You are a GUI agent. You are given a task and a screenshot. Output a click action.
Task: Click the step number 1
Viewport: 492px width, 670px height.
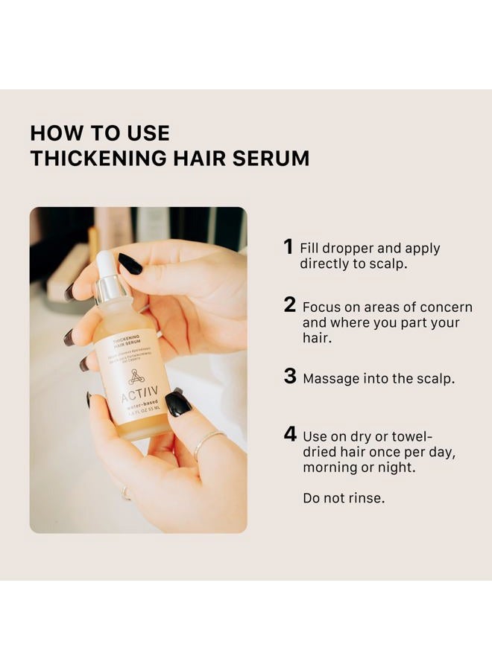pos(288,247)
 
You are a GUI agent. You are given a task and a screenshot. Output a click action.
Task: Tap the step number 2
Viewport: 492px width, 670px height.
pos(290,305)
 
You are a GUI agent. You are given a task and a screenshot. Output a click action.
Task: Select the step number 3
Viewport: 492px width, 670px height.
pos(290,377)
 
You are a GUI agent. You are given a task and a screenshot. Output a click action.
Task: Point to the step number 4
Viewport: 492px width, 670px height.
pos(290,434)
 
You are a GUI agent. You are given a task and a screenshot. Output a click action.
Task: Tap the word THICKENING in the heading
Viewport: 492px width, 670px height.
pos(94,159)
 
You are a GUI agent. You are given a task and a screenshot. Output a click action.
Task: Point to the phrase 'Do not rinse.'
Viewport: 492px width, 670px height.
pos(344,498)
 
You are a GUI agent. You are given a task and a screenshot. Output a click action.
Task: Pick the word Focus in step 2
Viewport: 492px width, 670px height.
pos(321,307)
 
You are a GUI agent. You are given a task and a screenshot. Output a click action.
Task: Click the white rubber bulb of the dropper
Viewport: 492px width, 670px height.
pos(105,264)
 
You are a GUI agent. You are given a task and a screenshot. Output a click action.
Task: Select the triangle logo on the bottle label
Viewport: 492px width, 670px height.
pos(135,376)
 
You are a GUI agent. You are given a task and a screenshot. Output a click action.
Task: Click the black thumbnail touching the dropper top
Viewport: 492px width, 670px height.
pos(130,264)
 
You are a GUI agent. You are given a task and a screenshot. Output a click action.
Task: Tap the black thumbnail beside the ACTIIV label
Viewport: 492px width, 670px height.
pos(177,403)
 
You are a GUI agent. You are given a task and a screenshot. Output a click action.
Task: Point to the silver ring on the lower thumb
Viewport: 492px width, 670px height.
pos(206,445)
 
